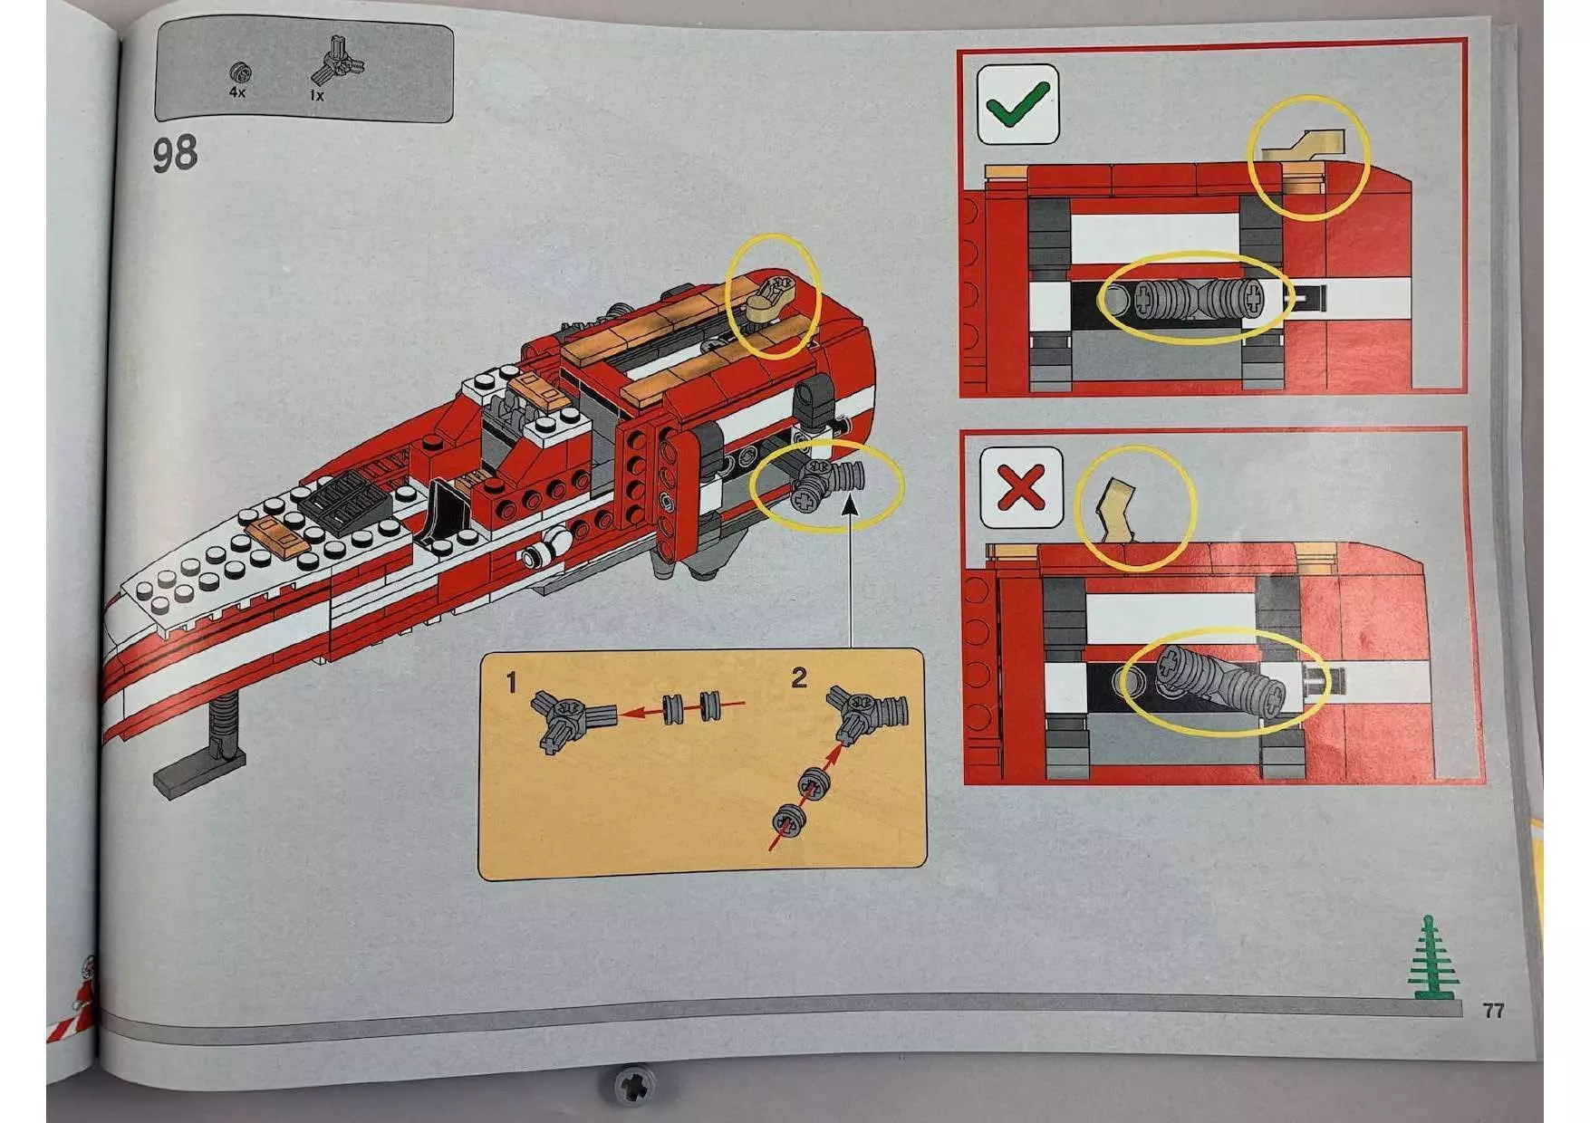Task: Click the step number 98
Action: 175,154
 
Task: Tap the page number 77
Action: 1493,1010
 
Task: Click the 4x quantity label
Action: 237,92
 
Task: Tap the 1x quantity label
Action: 316,95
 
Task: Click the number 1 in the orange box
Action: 512,682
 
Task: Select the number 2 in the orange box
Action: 798,677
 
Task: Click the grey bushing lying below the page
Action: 634,1083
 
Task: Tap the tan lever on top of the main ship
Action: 772,299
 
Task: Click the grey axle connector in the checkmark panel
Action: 1195,298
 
